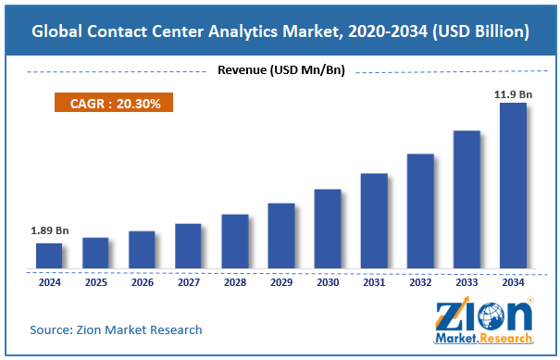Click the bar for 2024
tap(49, 256)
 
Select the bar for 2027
tap(188, 246)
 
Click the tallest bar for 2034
tap(512, 186)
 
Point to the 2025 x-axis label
tap(95, 281)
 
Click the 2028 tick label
tap(234, 281)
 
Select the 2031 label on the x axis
tap(373, 281)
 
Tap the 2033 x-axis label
tap(466, 281)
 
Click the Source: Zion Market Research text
tap(116, 329)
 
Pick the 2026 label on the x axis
tap(142, 281)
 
